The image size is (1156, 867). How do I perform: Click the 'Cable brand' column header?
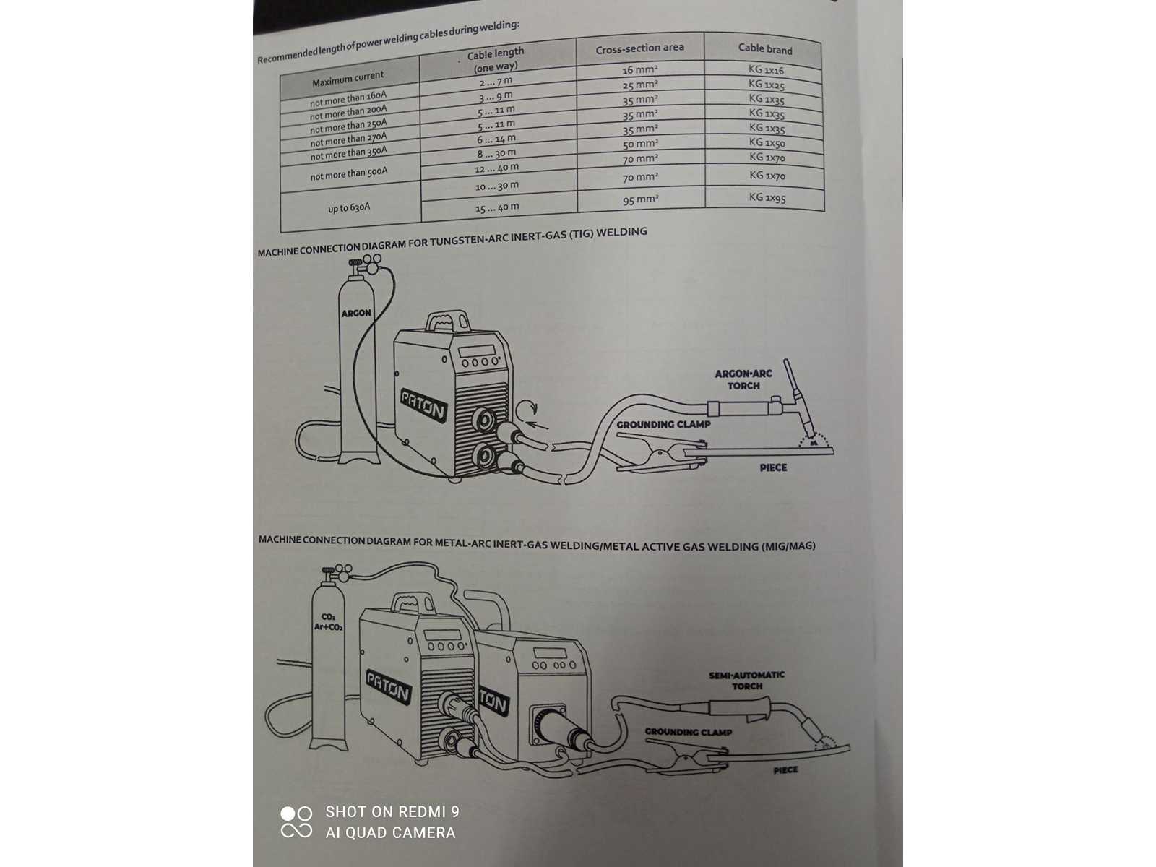click(764, 49)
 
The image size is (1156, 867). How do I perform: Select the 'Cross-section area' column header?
click(639, 48)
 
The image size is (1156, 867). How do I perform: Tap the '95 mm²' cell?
click(640, 199)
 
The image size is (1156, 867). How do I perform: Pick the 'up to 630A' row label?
click(349, 208)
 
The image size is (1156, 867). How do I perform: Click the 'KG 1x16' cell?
click(766, 69)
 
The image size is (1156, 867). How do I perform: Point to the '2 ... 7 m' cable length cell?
click(496, 82)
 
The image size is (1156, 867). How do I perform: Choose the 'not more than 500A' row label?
click(349, 173)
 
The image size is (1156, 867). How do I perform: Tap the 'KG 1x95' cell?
click(767, 197)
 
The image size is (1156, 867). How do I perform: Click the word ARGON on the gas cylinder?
click(356, 314)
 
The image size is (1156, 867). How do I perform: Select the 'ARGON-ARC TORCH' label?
click(743, 379)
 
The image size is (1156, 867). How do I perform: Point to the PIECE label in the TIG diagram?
click(773, 467)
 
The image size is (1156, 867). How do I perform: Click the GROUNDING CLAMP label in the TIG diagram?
click(663, 424)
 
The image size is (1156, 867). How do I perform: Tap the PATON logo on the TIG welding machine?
click(423, 405)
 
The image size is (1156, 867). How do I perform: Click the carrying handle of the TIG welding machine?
click(448, 320)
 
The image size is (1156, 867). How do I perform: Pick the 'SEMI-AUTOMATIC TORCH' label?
click(747, 680)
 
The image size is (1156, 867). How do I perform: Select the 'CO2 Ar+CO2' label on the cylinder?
click(328, 621)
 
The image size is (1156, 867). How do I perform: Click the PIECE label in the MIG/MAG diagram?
click(785, 770)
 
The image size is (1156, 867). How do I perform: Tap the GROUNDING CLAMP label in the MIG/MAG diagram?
click(689, 732)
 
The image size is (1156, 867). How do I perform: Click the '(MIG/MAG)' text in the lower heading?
click(788, 546)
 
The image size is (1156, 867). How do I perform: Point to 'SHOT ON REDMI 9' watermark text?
click(392, 811)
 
